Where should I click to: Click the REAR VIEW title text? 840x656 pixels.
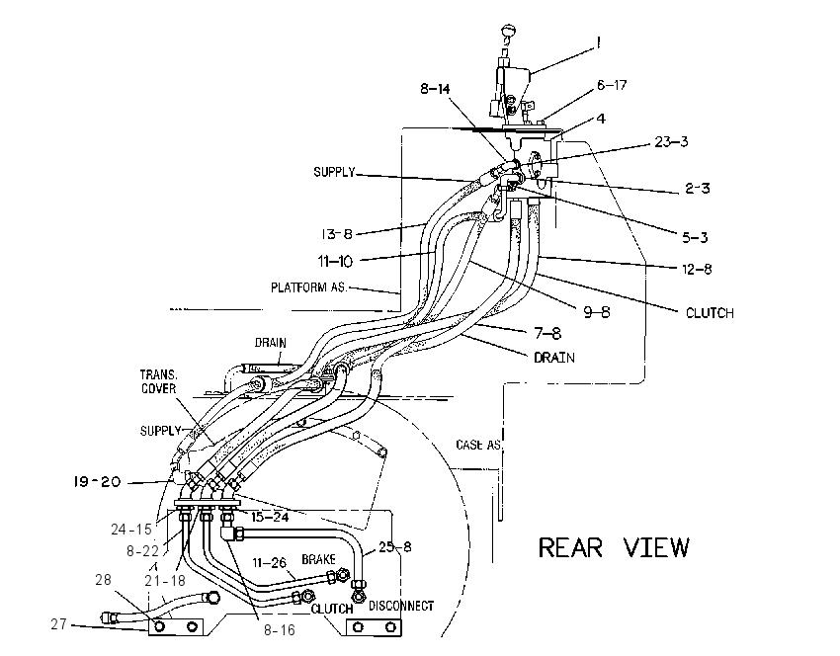pyautogui.click(x=614, y=547)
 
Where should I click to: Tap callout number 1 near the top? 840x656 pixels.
pyautogui.click(x=599, y=42)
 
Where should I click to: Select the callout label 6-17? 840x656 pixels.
pyautogui.click(x=612, y=85)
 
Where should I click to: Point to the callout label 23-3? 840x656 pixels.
pyautogui.click(x=671, y=142)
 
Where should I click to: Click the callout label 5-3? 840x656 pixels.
pyautogui.click(x=695, y=237)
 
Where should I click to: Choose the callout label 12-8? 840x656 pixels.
pyautogui.click(x=697, y=269)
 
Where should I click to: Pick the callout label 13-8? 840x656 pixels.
pyautogui.click(x=337, y=234)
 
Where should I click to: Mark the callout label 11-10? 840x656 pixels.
pyautogui.click(x=335, y=262)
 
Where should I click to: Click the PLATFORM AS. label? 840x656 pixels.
pyautogui.click(x=308, y=287)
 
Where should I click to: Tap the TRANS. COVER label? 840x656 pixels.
pyautogui.click(x=158, y=381)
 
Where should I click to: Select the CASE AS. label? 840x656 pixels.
pyautogui.click(x=479, y=445)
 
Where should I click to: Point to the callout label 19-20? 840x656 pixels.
pyautogui.click(x=97, y=482)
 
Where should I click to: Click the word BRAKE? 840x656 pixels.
pyautogui.click(x=319, y=559)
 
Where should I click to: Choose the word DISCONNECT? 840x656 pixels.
pyautogui.click(x=401, y=606)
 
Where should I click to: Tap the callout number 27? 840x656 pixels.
pyautogui.click(x=59, y=623)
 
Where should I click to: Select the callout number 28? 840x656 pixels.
pyautogui.click(x=104, y=579)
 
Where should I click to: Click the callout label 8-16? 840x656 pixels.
pyautogui.click(x=279, y=630)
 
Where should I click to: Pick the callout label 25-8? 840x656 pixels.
pyautogui.click(x=395, y=546)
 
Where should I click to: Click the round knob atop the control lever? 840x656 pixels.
pyautogui.click(x=508, y=30)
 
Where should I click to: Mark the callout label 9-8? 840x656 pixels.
pyautogui.click(x=597, y=311)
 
